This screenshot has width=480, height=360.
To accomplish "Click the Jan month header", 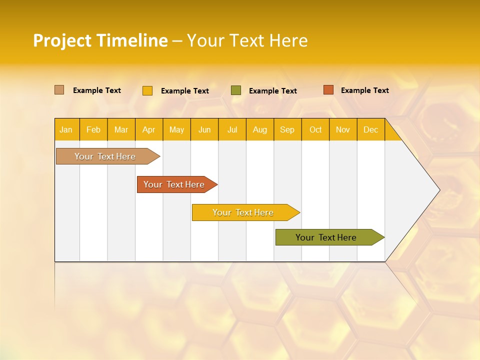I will tap(66, 129).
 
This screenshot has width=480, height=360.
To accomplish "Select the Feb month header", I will tap(93, 129).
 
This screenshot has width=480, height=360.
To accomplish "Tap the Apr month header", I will tap(149, 129).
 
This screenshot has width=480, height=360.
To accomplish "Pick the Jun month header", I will tap(204, 129).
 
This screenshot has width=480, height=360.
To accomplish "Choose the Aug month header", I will tap(260, 129).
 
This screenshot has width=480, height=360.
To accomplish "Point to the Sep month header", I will tap(287, 129).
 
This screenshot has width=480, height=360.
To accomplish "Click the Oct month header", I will tap(315, 129).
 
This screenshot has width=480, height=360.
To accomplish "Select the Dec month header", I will tap(371, 129).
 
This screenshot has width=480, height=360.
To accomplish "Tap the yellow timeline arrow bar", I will tap(243, 212).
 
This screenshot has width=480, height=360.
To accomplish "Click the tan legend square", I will tap(59, 90).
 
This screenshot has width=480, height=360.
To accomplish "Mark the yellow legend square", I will tap(147, 90).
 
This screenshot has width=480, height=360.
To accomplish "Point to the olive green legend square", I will tap(236, 90).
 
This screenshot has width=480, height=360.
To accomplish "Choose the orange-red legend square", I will tap(328, 90).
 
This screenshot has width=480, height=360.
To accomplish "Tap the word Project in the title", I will tap(61, 40).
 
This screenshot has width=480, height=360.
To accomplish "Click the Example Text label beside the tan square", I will tap(97, 90).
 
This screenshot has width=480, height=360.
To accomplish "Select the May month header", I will tap(176, 129).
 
